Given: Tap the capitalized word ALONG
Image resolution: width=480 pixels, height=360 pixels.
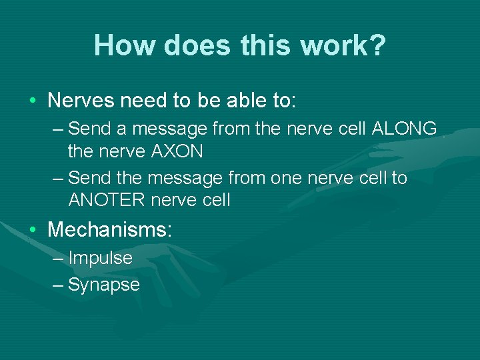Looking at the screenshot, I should pos(405,128).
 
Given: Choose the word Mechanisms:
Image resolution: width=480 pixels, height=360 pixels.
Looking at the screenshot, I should pos(110,230).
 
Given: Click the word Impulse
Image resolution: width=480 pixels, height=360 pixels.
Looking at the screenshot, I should pos(100,258).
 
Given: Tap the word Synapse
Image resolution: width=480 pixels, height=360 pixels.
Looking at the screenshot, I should pos(103,285).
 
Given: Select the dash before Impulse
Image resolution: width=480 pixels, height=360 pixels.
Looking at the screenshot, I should pos(58,259).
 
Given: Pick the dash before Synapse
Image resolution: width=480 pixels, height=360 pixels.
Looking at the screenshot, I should pos(58,285).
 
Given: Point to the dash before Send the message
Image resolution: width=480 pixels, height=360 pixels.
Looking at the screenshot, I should pos(58,179).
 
